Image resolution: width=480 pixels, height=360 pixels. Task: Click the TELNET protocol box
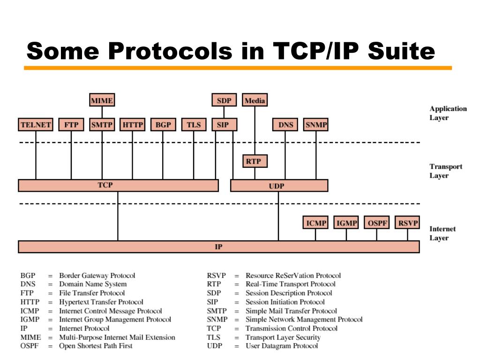pos(36,125)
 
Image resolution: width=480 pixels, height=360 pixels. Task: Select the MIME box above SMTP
pos(102,100)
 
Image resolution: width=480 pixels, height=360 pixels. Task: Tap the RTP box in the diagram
pos(255,162)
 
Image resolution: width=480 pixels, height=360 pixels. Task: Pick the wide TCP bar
pos(118,186)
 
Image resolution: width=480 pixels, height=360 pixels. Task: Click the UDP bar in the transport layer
pos(279,186)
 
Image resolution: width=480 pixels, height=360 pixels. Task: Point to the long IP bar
pos(219,247)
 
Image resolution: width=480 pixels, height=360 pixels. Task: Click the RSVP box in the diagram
pos(407,223)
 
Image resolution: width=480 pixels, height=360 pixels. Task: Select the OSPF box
pos(377,223)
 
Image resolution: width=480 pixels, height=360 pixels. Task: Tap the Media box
pos(255,100)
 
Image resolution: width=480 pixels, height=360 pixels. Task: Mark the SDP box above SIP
pos(224,100)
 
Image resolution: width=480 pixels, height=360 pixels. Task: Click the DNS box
pos(285,125)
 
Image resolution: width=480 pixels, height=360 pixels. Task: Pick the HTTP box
pos(132,125)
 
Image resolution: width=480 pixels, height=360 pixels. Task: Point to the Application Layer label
pos(448,113)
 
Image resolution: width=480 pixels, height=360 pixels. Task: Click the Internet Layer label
pos(442,233)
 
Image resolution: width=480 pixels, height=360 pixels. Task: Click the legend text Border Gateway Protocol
pos(97,276)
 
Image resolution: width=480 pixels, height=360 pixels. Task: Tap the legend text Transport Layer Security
pos(283,337)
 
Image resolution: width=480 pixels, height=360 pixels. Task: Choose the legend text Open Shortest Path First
pos(96,346)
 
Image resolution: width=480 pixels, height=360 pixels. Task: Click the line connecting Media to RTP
pos(255,131)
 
